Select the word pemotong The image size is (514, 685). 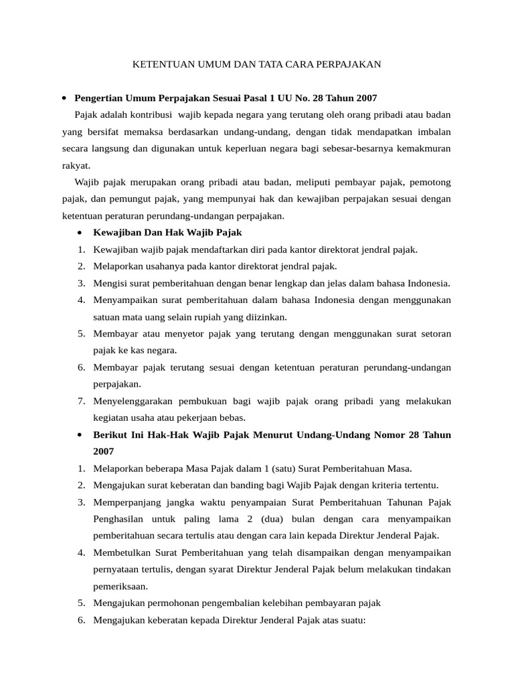[428, 181]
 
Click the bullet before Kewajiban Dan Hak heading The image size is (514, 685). [80, 233]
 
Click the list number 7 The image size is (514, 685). [80, 401]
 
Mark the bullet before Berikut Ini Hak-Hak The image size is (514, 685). [80, 435]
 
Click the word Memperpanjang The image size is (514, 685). [128, 502]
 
